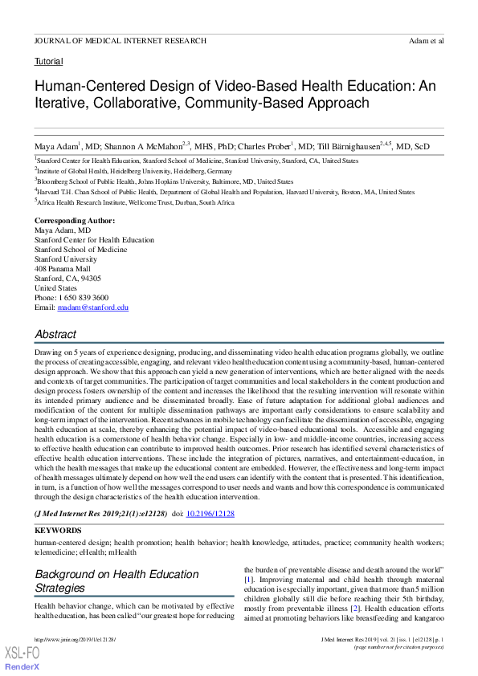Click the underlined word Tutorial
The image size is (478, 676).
pos(48,61)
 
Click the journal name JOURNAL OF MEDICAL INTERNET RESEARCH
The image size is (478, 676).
pos(121,40)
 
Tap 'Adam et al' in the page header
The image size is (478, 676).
pos(426,40)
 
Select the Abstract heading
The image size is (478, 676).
pos(55,334)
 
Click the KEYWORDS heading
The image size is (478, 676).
pos(58,531)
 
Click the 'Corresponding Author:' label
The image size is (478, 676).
pos(75,221)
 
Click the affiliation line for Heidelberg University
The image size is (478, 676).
pos(122,171)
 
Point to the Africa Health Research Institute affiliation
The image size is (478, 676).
pos(137,202)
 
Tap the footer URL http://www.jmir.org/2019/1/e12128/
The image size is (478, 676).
pos(76,639)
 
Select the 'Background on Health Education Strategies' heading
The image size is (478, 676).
pos(116,581)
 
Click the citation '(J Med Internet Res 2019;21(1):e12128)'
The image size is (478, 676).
pos(100,513)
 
